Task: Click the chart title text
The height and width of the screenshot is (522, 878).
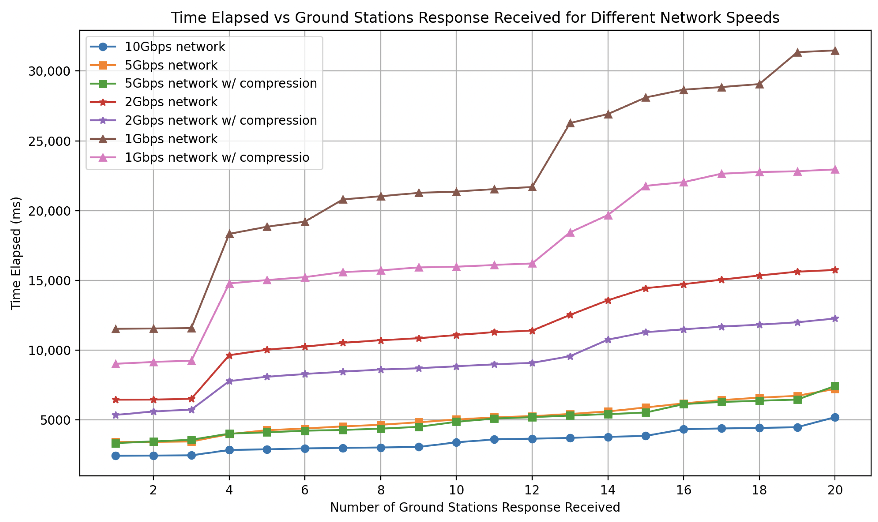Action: click(x=475, y=17)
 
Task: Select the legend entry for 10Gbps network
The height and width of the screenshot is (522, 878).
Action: click(x=175, y=47)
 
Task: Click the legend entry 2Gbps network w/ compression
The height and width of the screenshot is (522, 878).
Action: click(x=221, y=120)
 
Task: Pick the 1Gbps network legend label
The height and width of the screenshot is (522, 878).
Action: click(x=171, y=139)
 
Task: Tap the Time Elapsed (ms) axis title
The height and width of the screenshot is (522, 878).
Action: click(x=16, y=253)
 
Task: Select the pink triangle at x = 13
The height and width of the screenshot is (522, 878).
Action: click(x=570, y=233)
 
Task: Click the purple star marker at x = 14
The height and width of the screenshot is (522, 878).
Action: click(x=608, y=340)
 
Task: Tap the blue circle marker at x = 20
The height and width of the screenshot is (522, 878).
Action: click(x=835, y=417)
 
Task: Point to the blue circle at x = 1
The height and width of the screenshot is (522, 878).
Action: click(x=115, y=456)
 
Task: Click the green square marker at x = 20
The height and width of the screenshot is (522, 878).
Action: click(x=835, y=386)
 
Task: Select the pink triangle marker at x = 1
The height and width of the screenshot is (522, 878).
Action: click(x=115, y=364)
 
